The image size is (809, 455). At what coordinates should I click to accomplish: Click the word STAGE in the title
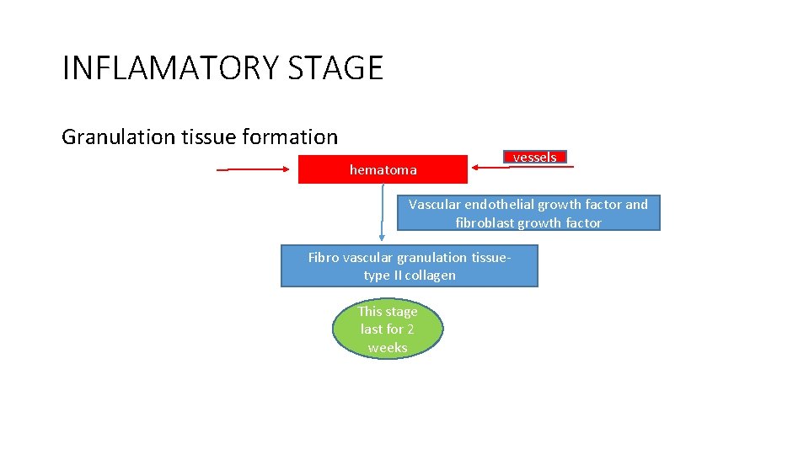[335, 67]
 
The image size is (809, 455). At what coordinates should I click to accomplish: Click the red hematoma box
[383, 169]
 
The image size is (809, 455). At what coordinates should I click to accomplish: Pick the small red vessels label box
[535, 157]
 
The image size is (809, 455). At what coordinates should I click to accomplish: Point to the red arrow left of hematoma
[253, 169]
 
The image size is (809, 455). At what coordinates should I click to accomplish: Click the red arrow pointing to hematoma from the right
[522, 168]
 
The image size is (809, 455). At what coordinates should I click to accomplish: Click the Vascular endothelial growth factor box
[528, 213]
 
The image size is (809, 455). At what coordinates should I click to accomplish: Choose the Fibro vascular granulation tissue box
[409, 266]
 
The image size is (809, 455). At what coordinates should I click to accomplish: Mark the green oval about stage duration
[388, 329]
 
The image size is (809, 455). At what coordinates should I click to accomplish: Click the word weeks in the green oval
[388, 347]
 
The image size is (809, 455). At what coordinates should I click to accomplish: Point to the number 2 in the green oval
[410, 329]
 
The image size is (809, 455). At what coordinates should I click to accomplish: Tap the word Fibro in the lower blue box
[324, 258]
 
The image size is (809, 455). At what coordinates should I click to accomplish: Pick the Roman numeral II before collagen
[399, 276]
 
